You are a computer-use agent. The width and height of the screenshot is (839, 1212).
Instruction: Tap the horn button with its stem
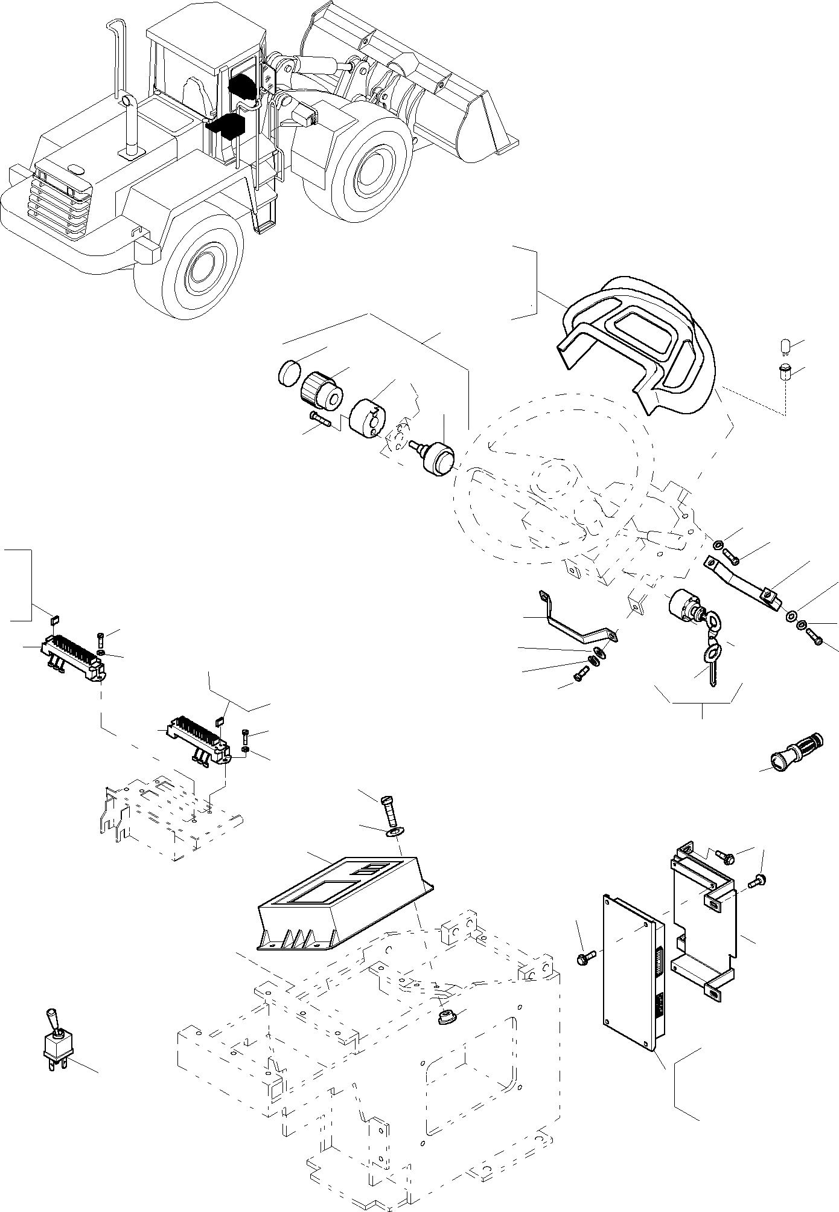(x=435, y=458)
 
